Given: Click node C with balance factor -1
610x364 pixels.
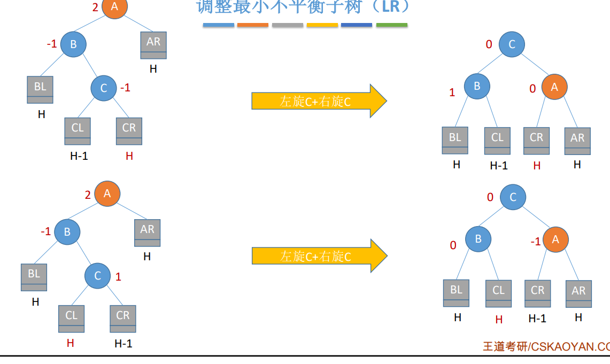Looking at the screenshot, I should click(x=104, y=88).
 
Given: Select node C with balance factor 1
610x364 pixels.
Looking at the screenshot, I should click(x=97, y=276).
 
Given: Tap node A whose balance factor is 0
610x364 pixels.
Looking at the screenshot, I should click(x=554, y=87).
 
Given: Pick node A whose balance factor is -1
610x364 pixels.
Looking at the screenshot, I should click(x=555, y=240).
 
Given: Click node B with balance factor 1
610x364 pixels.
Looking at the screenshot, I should click(x=477, y=86).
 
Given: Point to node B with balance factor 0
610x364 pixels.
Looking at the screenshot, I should click(x=478, y=239).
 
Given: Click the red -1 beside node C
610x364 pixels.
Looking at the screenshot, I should click(x=125, y=88).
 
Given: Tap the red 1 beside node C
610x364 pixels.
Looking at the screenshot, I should click(x=118, y=277).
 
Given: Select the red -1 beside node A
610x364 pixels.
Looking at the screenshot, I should click(x=536, y=242).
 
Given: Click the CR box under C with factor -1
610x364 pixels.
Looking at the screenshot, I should click(x=129, y=131).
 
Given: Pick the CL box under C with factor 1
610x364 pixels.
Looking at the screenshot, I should click(x=72, y=319).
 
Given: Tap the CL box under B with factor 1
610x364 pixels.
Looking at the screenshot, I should click(x=497, y=141).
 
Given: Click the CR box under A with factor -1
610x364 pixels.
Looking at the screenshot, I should click(x=537, y=293).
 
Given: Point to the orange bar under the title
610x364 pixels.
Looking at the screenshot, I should click(x=252, y=25).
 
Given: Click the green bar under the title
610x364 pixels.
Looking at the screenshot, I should click(x=391, y=25).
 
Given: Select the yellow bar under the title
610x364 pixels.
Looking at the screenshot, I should click(x=322, y=25).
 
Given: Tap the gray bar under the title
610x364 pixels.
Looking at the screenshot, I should click(x=287, y=25).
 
